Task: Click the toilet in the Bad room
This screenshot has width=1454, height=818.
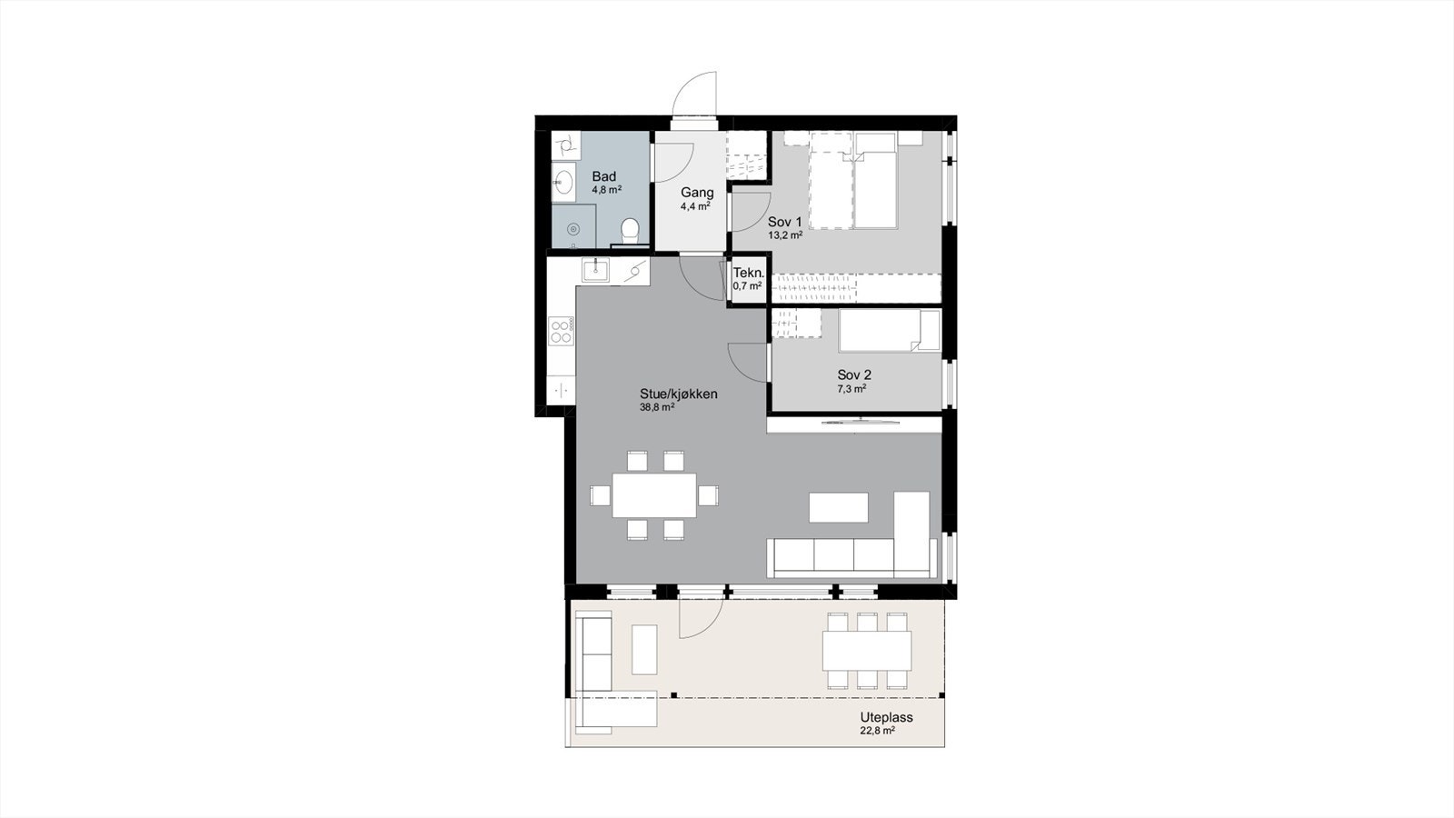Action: coord(630,230)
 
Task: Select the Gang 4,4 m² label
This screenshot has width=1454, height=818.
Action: coord(697,198)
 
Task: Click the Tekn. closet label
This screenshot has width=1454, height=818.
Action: coord(748,278)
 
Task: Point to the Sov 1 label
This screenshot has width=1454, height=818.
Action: coord(785,227)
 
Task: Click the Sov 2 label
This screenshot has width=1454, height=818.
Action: coord(853,380)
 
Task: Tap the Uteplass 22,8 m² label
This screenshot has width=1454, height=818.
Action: coord(885,723)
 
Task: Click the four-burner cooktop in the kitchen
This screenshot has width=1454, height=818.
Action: coord(561,331)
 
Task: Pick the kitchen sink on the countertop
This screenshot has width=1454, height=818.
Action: coord(595,269)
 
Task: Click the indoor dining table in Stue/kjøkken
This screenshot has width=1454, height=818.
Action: coord(654,495)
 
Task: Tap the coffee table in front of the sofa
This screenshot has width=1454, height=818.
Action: coord(838,507)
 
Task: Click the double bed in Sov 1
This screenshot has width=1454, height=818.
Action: coord(854,180)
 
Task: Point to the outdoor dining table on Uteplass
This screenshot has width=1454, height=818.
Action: coord(866,651)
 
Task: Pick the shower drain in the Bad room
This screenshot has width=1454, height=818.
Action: coord(573,230)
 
